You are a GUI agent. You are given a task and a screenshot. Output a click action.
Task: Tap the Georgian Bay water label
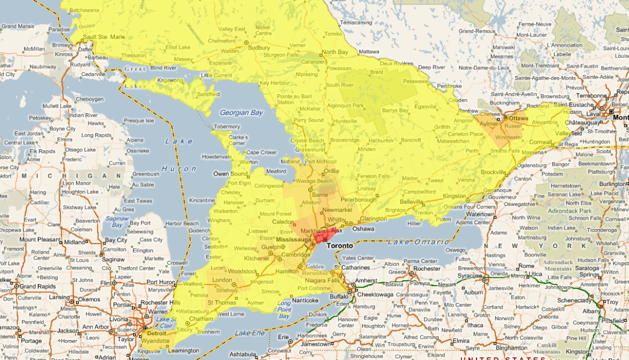pyautogui.click(x=241, y=113)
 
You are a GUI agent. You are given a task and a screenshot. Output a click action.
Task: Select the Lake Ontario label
pyautogui.click(x=412, y=242)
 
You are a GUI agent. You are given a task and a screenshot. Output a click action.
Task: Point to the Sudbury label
pyautogui.click(x=259, y=48)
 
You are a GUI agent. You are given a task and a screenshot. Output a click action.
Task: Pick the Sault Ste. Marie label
pyautogui.click(x=101, y=37)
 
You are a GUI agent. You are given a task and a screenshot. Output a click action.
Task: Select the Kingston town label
pyautogui.click(x=454, y=196)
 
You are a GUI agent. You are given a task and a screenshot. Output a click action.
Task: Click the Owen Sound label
pyautogui.click(x=229, y=174)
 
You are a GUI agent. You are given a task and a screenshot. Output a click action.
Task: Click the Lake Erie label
pyautogui.click(x=250, y=333)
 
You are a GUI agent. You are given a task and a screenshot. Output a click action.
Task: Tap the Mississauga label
pyautogui.click(x=293, y=240)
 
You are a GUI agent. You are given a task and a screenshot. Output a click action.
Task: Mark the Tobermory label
pyautogui.click(x=227, y=126)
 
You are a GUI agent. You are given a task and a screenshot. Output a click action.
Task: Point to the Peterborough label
pyautogui.click(x=358, y=199)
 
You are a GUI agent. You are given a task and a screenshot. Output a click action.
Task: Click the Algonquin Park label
pyautogui.click(x=344, y=105)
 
